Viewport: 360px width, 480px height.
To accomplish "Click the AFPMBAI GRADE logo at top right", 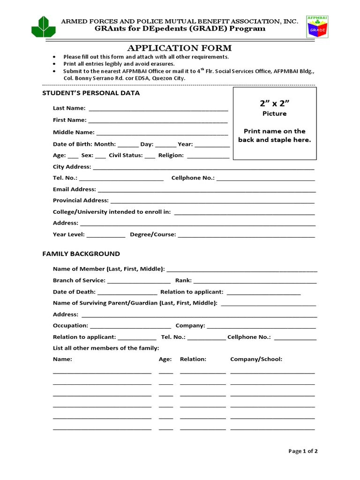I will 317,26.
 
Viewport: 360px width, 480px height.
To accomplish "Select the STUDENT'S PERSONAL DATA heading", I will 91,93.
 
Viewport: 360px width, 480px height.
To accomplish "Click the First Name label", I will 69,120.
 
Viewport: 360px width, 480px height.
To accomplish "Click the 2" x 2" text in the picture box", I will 274,103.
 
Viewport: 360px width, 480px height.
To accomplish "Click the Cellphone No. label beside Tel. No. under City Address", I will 193,178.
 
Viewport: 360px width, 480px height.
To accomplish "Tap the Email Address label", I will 74,189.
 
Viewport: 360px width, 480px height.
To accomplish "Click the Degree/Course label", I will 153,234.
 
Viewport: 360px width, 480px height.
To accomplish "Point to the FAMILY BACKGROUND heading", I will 81,254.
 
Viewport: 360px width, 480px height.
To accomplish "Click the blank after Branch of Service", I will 136,282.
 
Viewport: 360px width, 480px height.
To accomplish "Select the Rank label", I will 183,280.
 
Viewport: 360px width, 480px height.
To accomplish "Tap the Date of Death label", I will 74,292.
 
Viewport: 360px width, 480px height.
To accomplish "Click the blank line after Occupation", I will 130,327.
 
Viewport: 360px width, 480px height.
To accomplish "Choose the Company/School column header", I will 256,359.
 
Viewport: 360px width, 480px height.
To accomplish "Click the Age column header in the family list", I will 165,359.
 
